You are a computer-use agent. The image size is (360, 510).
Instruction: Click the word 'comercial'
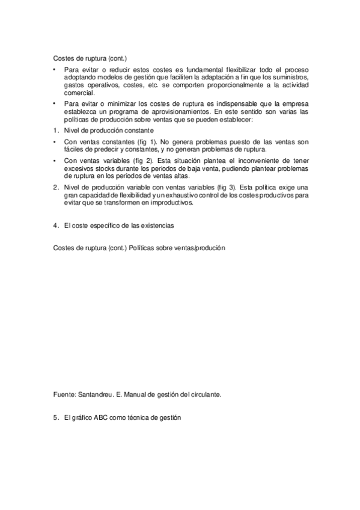point(78,94)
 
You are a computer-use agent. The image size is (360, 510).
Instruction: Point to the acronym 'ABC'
point(99,418)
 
